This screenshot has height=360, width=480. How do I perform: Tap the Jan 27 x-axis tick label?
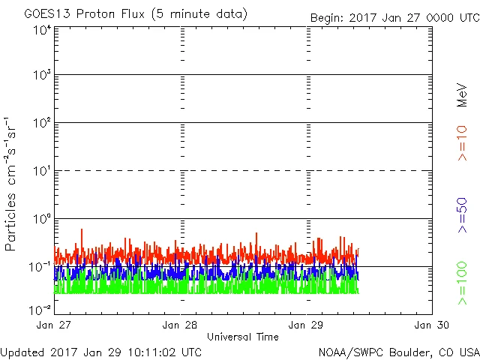[55, 325]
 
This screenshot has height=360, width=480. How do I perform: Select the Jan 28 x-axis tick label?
[181, 325]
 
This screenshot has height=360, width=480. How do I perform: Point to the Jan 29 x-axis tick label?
[307, 325]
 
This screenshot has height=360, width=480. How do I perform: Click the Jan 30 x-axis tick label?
[431, 325]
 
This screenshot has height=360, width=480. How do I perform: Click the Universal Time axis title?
[242, 337]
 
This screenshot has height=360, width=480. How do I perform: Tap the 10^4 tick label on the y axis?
[42, 30]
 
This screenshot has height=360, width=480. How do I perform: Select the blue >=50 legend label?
[463, 216]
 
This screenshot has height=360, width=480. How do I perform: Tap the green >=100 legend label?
[463, 283]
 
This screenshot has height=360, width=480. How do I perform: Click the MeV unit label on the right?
[463, 96]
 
